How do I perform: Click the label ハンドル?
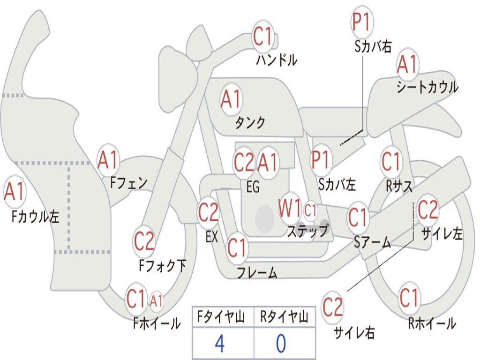click(277, 60)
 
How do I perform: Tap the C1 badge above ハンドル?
click(263, 37)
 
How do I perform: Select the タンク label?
click(250, 123)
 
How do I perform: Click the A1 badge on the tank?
click(231, 99)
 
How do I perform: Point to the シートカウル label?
click(427, 87)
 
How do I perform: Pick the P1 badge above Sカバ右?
click(362, 22)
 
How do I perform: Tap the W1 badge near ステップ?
click(290, 209)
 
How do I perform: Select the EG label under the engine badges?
click(252, 187)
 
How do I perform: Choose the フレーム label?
click(257, 272)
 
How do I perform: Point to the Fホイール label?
click(157, 323)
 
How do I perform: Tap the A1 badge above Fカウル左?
click(15, 193)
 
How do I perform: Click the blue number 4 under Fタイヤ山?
click(219, 344)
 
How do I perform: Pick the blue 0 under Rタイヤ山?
click(281, 344)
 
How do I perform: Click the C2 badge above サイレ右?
click(333, 307)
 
